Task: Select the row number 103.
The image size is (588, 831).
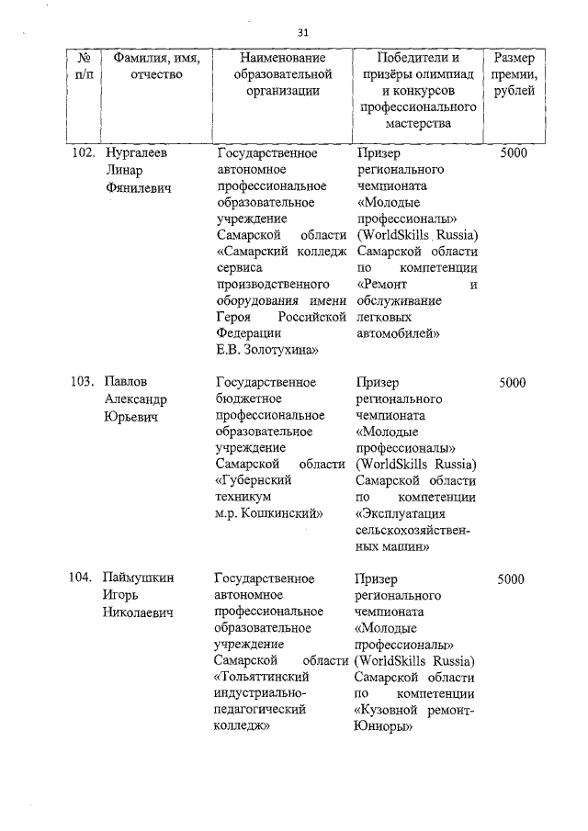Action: (84, 382)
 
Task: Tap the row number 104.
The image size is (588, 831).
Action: (84, 578)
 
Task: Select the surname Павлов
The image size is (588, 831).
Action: (127, 382)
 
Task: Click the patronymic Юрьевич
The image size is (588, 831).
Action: (132, 416)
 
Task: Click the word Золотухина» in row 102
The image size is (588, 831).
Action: (277, 350)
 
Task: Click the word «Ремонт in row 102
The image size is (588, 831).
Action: (380, 285)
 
